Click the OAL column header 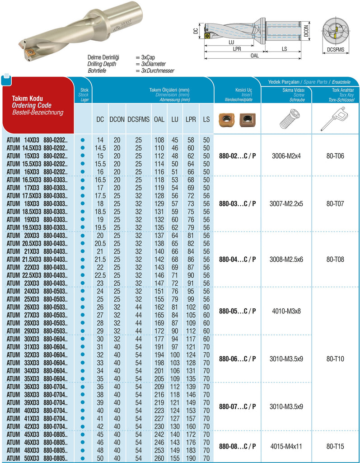159,119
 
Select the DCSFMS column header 138,119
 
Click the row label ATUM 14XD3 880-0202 37,140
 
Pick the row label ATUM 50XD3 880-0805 37,458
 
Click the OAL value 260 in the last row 159,458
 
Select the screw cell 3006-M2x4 286,156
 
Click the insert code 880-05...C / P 238,311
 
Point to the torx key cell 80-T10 335,359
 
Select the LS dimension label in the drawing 284,48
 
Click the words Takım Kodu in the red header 27,98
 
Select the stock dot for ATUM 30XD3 82,339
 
